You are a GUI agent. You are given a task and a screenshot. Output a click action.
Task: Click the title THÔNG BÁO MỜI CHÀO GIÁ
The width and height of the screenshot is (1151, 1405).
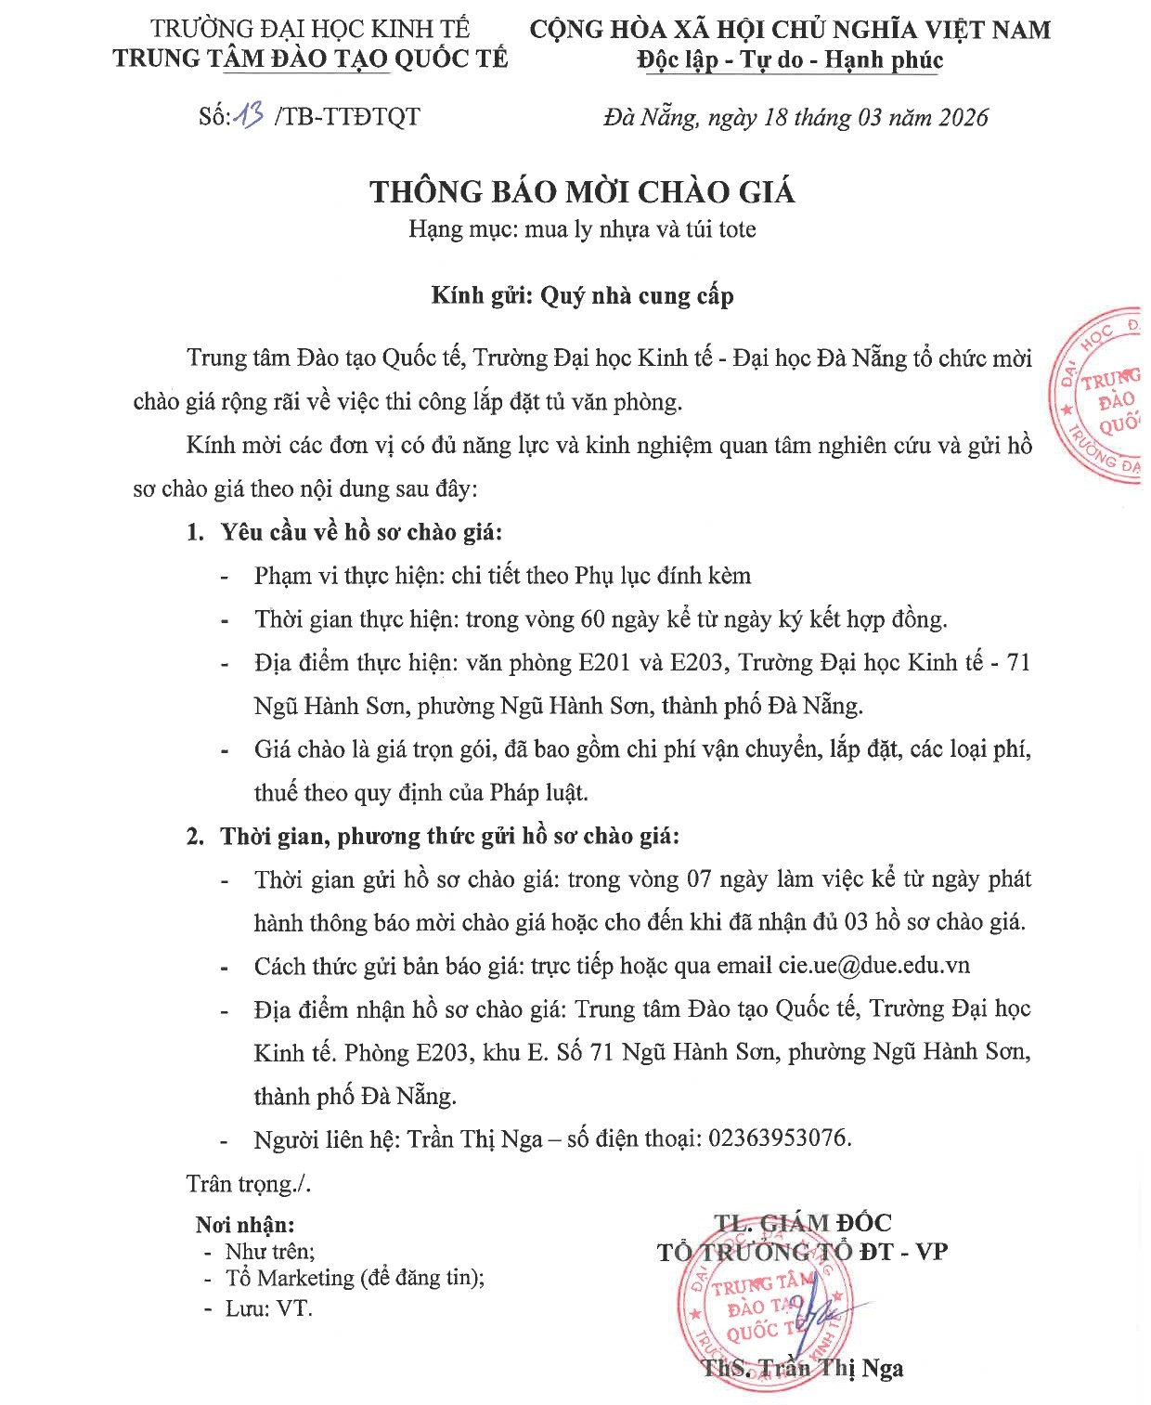(x=582, y=191)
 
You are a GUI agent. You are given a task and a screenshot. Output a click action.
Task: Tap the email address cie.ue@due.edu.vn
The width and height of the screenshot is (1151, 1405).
(x=874, y=965)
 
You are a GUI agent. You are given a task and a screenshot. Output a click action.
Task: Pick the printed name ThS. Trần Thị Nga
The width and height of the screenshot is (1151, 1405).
(x=803, y=1368)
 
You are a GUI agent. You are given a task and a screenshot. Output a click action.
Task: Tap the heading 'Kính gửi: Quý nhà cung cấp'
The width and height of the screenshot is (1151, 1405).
(x=582, y=295)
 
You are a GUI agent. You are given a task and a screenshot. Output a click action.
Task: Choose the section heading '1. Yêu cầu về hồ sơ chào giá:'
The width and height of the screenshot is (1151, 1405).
(x=344, y=532)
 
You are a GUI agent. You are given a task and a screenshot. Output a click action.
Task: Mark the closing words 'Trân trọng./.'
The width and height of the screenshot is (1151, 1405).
(x=248, y=1183)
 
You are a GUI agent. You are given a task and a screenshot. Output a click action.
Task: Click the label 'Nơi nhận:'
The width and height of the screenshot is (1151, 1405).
(x=245, y=1225)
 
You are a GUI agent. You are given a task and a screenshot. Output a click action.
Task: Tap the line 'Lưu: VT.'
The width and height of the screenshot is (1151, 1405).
(x=269, y=1308)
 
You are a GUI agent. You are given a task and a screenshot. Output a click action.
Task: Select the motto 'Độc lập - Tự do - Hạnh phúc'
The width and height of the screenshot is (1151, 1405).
(x=790, y=60)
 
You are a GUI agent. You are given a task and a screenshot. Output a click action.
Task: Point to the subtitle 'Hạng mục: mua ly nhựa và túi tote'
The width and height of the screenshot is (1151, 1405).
(x=582, y=229)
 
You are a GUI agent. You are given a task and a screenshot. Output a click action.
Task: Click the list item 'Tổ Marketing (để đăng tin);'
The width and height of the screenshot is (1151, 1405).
(x=355, y=1278)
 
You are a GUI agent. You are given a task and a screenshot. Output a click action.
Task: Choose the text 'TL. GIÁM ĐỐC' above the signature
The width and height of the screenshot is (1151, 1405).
(x=802, y=1223)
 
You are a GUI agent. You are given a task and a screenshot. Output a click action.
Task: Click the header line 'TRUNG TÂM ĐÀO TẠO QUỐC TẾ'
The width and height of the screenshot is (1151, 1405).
(x=310, y=59)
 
